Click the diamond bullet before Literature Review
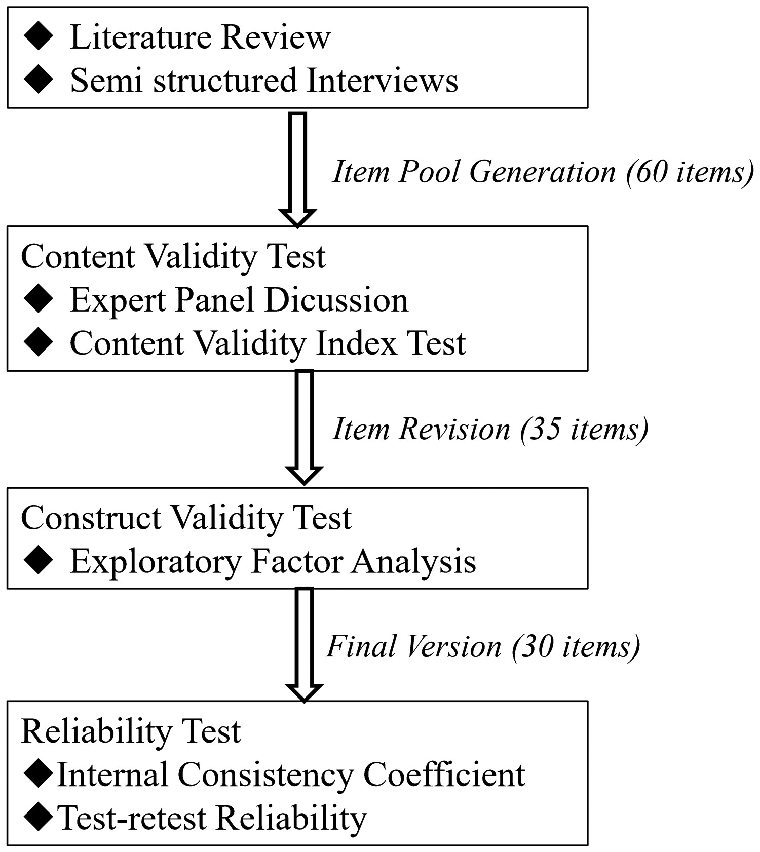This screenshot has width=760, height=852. (x=38, y=37)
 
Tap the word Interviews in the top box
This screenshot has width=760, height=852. (x=383, y=81)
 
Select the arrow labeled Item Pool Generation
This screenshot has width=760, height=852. (x=297, y=169)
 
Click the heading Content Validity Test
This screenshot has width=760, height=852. (x=173, y=256)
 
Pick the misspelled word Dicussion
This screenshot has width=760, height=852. (x=336, y=300)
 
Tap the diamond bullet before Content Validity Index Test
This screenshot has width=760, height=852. (x=38, y=343)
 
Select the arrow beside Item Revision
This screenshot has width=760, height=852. (x=304, y=428)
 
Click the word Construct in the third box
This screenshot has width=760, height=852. (x=94, y=518)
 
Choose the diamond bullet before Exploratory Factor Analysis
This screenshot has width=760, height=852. (x=38, y=561)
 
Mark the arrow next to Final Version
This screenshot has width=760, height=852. (x=304, y=645)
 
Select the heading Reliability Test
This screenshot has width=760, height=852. (x=131, y=731)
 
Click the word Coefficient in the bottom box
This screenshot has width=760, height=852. (x=445, y=774)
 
